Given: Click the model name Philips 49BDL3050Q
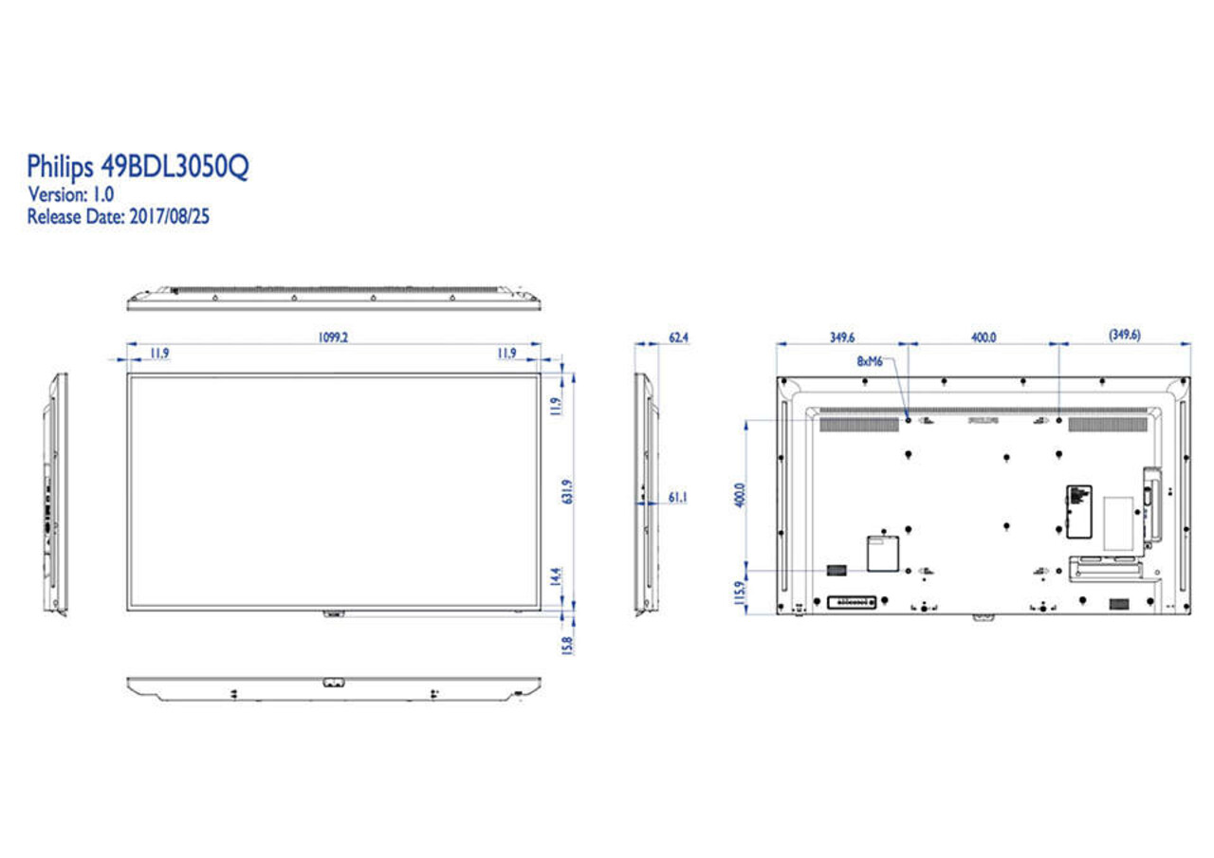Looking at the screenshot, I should [x=138, y=168].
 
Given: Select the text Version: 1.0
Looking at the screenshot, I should [x=71, y=195].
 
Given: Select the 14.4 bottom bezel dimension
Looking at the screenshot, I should [x=557, y=575].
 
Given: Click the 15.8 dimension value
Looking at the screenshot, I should [x=568, y=645].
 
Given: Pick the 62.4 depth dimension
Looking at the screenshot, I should [x=678, y=338].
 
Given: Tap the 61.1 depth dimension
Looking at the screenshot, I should [x=678, y=497].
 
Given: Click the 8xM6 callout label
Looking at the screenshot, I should [x=870, y=361].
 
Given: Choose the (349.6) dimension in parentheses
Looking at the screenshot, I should [x=1125, y=336].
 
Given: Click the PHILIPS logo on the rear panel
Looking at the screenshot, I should [x=984, y=418].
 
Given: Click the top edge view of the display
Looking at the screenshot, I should [x=334, y=298].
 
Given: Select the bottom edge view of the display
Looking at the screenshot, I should [x=334, y=688].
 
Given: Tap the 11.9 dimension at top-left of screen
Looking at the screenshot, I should [x=159, y=354].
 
